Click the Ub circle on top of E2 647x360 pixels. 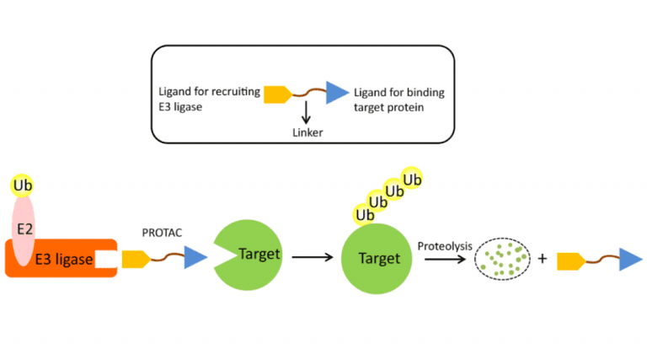24,184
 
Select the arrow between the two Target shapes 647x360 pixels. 313,256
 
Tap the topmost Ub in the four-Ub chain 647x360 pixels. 412,179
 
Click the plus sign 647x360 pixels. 543,258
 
